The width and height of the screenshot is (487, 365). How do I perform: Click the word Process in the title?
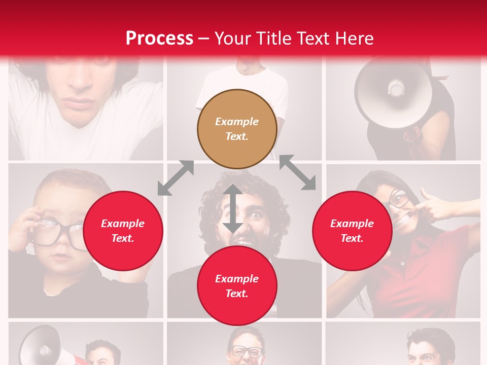pyautogui.click(x=159, y=38)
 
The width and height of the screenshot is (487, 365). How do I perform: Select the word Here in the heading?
pyautogui.click(x=354, y=38)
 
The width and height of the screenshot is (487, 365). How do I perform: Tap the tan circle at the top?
pyautogui.click(x=237, y=129)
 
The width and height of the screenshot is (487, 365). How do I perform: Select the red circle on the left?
pyautogui.click(x=123, y=231)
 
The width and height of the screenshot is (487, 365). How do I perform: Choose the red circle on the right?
pyautogui.click(x=352, y=231)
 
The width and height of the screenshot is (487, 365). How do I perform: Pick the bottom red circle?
pyautogui.click(x=237, y=286)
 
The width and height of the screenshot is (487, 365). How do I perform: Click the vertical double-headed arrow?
pyautogui.click(x=233, y=209)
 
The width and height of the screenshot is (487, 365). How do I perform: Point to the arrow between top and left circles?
pyautogui.click(x=176, y=177)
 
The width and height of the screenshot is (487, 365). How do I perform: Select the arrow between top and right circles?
pyautogui.click(x=298, y=173)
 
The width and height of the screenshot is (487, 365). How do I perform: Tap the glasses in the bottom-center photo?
pyautogui.click(x=247, y=351)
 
